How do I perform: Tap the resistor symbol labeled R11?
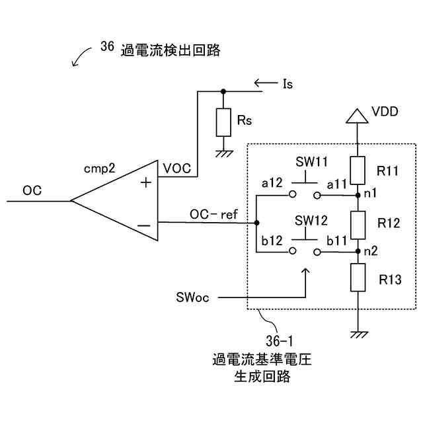click(357, 171)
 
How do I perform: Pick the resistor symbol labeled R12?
click(357, 224)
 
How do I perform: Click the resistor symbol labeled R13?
click(357, 278)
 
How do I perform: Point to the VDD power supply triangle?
click(357, 116)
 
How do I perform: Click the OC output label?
click(32, 190)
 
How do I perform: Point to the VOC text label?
click(176, 169)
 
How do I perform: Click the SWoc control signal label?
click(193, 297)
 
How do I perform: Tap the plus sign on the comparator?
click(145, 182)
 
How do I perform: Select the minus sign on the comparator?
click(145, 225)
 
